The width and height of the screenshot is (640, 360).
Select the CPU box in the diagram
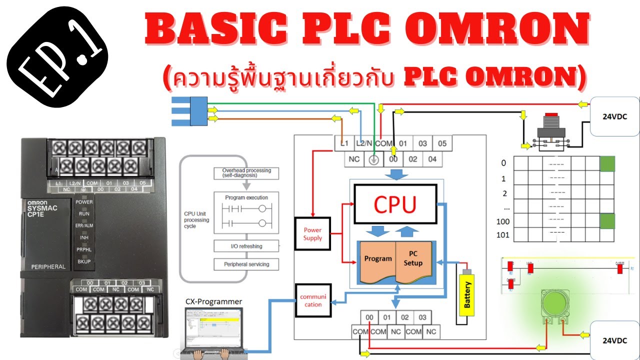click(x=395, y=203)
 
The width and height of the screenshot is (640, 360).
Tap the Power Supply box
click(x=312, y=234)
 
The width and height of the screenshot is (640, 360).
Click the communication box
click(x=313, y=300)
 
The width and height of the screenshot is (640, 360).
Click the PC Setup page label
click(x=413, y=259)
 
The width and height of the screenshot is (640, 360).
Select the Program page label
click(x=378, y=259)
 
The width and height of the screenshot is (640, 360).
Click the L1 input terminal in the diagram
click(x=344, y=143)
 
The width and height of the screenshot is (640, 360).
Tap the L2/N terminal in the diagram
click(x=363, y=143)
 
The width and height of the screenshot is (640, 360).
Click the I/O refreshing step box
click(x=246, y=246)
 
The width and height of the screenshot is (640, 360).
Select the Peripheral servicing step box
click(x=246, y=264)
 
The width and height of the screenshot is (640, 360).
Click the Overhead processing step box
click(x=246, y=173)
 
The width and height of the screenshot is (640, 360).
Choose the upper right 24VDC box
click(x=614, y=117)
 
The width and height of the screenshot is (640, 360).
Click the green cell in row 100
click(x=607, y=220)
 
